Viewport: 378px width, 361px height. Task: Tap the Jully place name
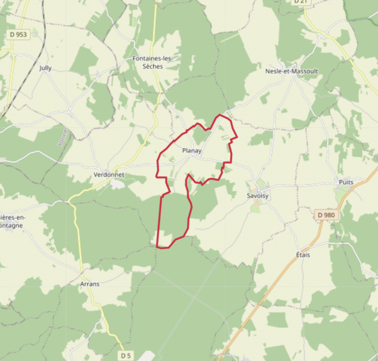[45, 68]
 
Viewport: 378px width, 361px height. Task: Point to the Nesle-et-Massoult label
[291, 71]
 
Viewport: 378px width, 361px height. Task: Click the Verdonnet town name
[109, 175]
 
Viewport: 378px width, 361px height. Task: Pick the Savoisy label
[258, 196]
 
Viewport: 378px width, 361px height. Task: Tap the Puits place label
[346, 181]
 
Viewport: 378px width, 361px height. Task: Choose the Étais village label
[303, 255]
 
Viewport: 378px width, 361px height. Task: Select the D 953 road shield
[19, 35]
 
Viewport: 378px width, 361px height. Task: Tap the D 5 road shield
[125, 356]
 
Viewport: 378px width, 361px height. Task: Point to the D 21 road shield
[300, 2]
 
